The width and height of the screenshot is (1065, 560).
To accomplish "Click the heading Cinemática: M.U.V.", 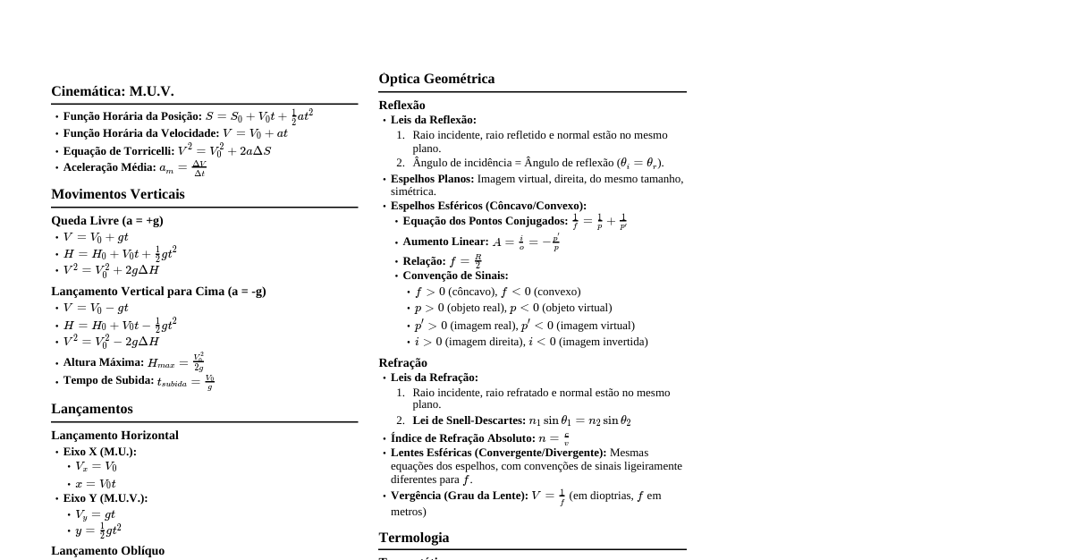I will [113, 91].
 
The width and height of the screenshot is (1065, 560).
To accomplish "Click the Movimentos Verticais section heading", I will [118, 194].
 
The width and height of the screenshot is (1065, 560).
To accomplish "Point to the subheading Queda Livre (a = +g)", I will [107, 220].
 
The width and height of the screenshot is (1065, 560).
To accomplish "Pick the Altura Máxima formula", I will [176, 362].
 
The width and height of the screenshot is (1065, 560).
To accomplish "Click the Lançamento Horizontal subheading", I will [114, 435].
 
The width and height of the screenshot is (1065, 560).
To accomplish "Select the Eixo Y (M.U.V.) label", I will [106, 497].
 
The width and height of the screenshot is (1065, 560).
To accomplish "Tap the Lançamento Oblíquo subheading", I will [107, 550].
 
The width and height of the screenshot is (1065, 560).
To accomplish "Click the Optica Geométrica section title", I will [436, 79].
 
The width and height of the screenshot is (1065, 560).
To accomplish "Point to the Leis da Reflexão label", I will [434, 120].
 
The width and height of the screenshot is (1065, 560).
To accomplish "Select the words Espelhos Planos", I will [432, 179].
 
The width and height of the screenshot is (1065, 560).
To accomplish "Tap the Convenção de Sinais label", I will [455, 276].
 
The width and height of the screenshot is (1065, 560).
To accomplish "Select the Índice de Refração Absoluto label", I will [462, 438].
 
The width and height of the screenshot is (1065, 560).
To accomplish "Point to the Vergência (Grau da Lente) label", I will [459, 496].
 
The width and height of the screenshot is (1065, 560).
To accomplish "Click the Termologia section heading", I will [414, 538].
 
